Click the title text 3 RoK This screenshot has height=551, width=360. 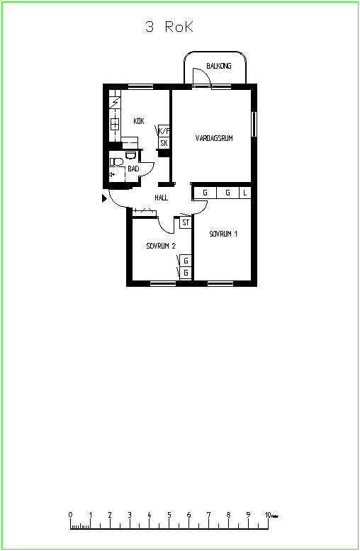pos(169,27)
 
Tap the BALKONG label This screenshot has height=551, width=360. pos(219,66)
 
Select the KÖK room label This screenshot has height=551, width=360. pos(139,121)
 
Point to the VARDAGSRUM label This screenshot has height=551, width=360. pos(214,138)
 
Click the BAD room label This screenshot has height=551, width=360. pos(133,169)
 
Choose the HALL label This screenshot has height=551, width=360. pos(161,198)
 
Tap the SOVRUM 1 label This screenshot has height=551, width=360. pos(223,234)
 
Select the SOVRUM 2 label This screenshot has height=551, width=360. pos(161,246)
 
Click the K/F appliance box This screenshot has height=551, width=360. pos(164,131)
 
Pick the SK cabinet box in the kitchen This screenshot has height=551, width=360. pos(164,143)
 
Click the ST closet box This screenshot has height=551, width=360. pos(186,222)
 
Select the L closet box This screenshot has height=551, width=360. pos(245,193)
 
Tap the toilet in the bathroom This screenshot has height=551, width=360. pos(116,162)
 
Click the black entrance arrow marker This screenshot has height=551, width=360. pos(104,198)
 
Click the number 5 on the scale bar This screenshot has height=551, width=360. pos(169,515)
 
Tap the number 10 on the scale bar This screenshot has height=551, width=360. pos(268,515)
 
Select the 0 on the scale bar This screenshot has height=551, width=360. pos(71,515)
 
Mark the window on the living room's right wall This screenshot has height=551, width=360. pos(254,124)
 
